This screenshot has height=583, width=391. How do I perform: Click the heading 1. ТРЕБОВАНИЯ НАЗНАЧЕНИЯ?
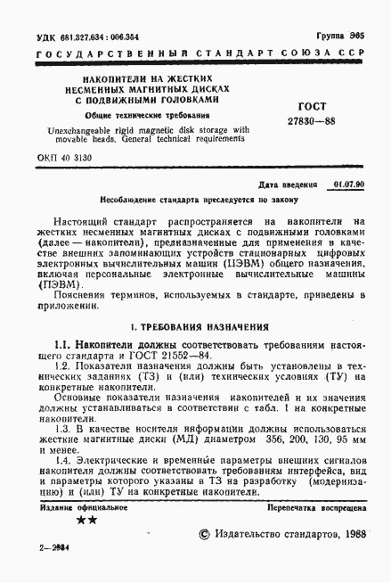(x=196, y=326)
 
